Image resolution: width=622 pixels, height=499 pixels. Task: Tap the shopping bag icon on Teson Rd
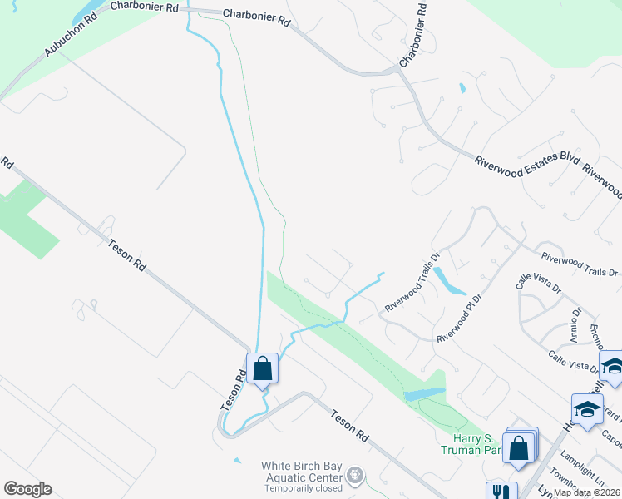pyautogui.click(x=262, y=368)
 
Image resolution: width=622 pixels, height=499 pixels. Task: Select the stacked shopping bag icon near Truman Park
pyautogui.click(x=519, y=447)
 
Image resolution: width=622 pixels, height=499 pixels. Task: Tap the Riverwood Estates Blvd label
pyautogui.click(x=526, y=164)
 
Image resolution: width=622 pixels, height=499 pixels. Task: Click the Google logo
pyautogui.click(x=27, y=489)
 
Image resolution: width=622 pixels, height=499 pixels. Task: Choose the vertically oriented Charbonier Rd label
pyautogui.click(x=417, y=35)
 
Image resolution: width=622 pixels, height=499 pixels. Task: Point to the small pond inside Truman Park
pyautogui.click(x=426, y=394)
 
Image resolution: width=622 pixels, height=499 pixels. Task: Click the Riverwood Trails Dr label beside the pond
pyautogui.click(x=411, y=284)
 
